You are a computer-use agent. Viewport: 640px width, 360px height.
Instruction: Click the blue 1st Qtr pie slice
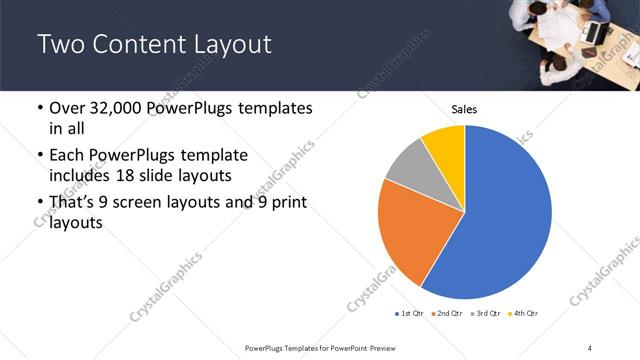pyautogui.click(x=505, y=215)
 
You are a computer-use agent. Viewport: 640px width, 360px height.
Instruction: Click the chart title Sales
pyautogui.click(x=464, y=108)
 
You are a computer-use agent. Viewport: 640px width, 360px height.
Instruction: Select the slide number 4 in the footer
pyautogui.click(x=591, y=347)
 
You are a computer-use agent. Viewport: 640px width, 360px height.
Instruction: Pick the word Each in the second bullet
pyautogui.click(x=68, y=156)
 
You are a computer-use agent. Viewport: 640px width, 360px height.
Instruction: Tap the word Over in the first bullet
pyautogui.click(x=70, y=108)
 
